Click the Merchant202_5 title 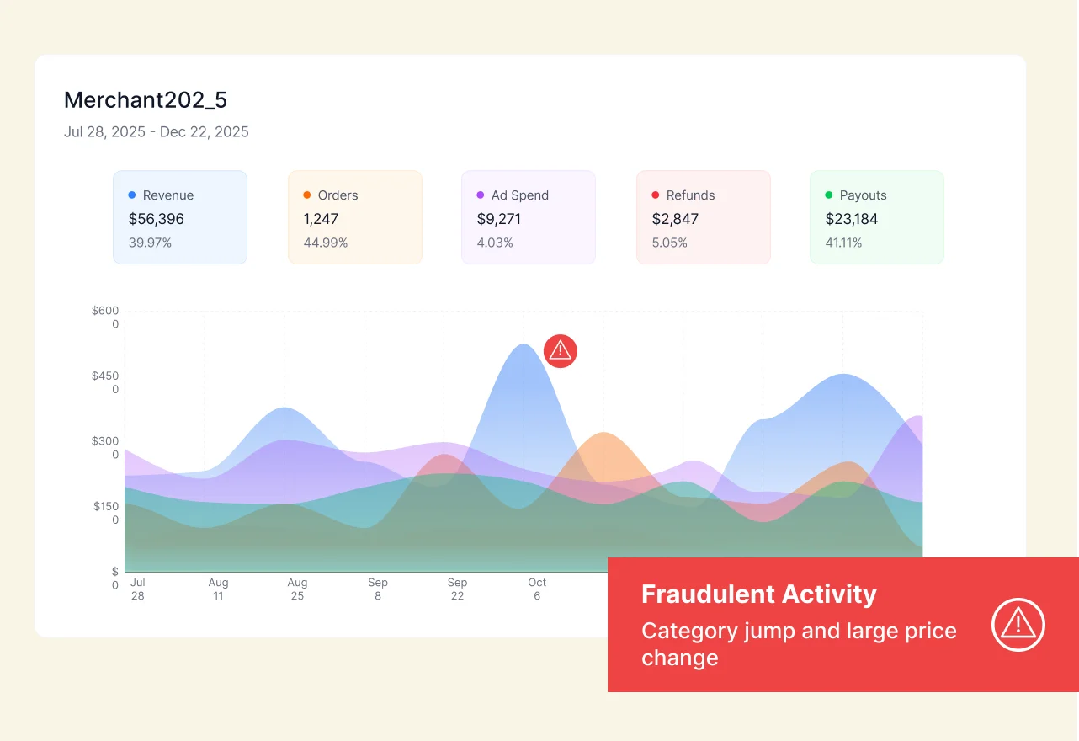point(146,100)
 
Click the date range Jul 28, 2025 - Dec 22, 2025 point(156,132)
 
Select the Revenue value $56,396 point(157,219)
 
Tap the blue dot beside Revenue point(132,195)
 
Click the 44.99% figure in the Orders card point(326,243)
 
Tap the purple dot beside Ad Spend point(481,195)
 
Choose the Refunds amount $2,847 point(675,219)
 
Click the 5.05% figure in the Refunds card point(670,243)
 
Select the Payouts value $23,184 point(851,219)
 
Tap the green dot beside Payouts point(829,195)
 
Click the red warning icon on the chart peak point(561,351)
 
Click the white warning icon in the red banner point(1018,625)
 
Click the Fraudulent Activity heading point(758,594)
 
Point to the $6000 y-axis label point(106,317)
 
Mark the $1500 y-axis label point(106,513)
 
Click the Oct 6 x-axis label point(537,589)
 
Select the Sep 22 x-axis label point(457,589)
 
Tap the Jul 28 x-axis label point(138,589)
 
